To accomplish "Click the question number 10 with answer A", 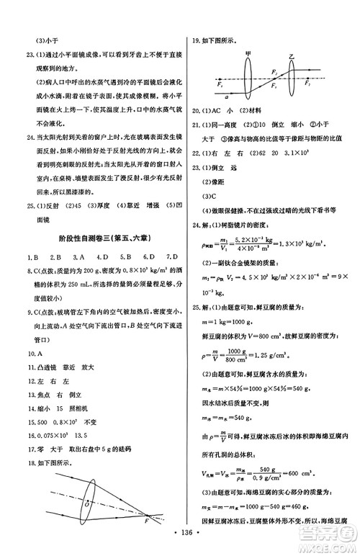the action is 29,353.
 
